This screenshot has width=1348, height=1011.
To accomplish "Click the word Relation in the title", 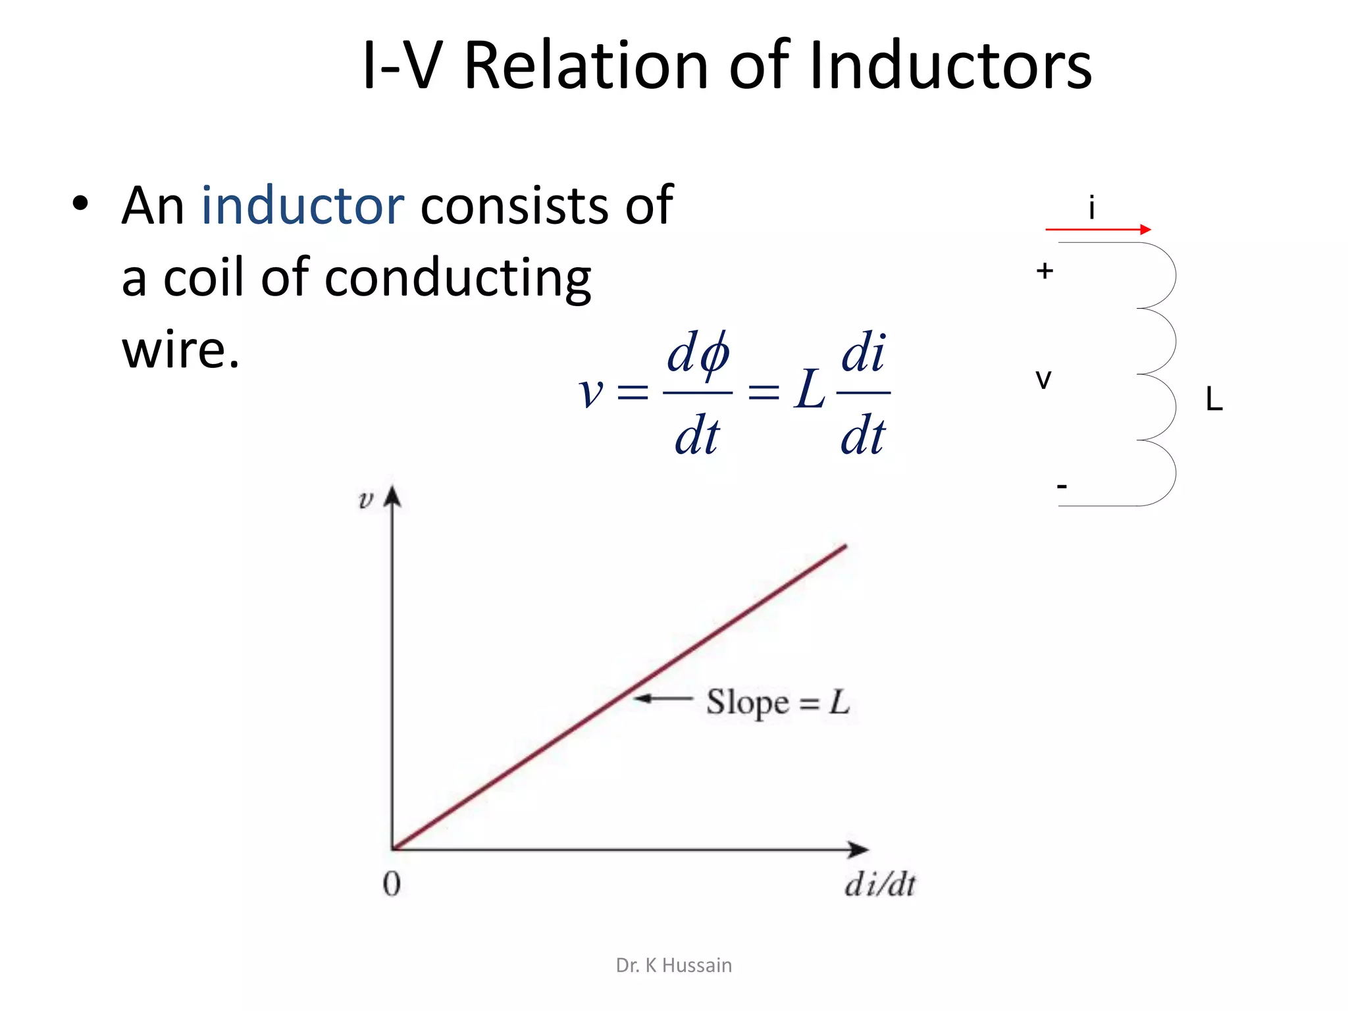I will coord(586,66).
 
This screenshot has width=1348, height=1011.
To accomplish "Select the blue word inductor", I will coord(303,205).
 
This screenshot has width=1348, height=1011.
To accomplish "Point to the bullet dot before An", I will coord(80,204).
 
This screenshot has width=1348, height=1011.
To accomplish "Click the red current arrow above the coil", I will coord(1098,230).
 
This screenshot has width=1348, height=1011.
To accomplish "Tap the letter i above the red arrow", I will coord(1092,208).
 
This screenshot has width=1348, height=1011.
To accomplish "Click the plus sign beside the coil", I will coord(1045,271).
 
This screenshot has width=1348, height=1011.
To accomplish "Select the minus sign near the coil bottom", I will coord(1062,486).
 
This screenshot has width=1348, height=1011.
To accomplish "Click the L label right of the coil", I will coord(1214,399).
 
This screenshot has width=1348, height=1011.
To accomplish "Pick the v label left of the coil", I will coord(1043,379).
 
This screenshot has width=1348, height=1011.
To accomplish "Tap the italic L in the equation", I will coord(809,390).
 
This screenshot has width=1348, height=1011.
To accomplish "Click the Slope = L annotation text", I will coord(778,702).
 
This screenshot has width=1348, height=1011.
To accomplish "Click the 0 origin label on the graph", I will coord(392,884).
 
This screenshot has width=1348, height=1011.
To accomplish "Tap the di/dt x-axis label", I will coord(880,884).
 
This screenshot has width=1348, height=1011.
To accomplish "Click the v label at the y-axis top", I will coord(366,500).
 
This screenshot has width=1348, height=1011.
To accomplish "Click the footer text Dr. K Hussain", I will coord(673,965).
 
